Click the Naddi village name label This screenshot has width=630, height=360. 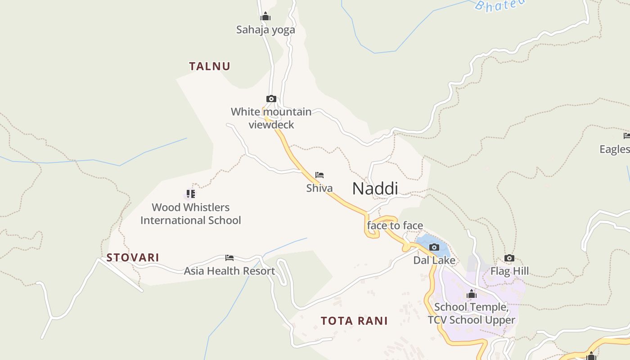tap(375, 189)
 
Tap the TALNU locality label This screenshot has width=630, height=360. tap(209, 66)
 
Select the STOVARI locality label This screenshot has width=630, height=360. tap(133, 257)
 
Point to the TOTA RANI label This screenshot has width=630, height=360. tap(354, 321)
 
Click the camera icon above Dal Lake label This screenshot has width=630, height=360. tap(434, 247)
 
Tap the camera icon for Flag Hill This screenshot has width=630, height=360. tap(509, 258)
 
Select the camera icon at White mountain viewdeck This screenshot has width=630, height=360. tap(271, 99)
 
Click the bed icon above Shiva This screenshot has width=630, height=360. tap(319, 175)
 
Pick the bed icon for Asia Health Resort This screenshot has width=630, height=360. tap(229, 258)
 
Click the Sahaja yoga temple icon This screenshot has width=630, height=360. tap(265, 17)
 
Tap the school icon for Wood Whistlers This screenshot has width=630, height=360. tap(191, 194)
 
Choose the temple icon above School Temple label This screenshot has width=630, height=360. tap(471, 294)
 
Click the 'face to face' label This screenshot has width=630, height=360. tap(395, 225)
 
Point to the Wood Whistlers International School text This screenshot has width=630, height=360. tap(190, 214)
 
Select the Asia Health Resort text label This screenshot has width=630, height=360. tap(229, 271)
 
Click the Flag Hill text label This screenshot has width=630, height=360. tap(509, 271)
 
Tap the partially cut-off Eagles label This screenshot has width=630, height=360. tap(615, 149)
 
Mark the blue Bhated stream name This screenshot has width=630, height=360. tap(500, 4)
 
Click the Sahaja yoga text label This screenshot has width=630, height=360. tap(265, 30)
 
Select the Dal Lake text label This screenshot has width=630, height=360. tap(434, 261)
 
